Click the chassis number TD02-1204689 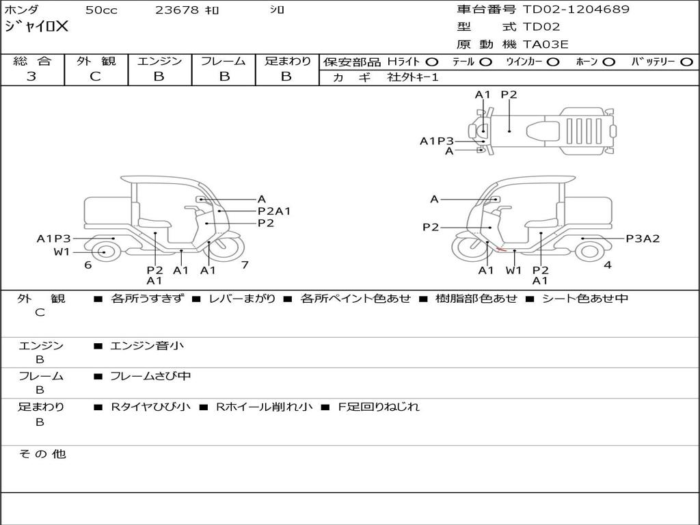point(576,10)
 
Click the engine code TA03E point(545,44)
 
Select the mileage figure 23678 point(176,10)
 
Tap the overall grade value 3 point(31,77)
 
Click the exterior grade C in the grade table point(95,77)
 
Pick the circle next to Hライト point(431,62)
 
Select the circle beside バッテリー point(686,62)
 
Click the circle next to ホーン point(608,62)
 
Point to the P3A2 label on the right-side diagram point(643,239)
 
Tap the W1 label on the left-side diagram point(62,252)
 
